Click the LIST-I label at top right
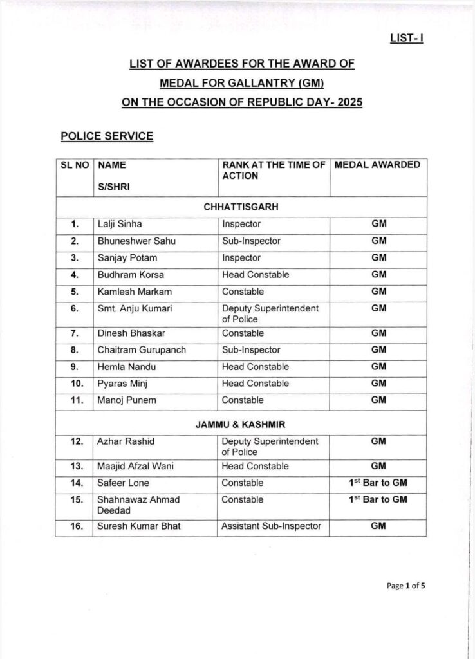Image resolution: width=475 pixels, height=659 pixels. pyautogui.click(x=406, y=38)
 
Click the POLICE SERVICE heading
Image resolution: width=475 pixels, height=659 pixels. pyautogui.click(x=107, y=136)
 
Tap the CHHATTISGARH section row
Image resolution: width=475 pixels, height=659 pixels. pyautogui.click(x=241, y=207)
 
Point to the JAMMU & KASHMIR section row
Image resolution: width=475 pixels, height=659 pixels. pyautogui.click(x=241, y=425)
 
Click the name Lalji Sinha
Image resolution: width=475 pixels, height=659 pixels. pyautogui.click(x=120, y=225)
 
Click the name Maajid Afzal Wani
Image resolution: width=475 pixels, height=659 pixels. pyautogui.click(x=136, y=466)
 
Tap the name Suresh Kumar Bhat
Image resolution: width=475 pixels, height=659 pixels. pyautogui.click(x=138, y=526)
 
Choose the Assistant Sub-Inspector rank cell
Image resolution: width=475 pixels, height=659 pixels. pyautogui.click(x=271, y=526)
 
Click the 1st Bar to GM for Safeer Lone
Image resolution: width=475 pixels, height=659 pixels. pyautogui.click(x=378, y=483)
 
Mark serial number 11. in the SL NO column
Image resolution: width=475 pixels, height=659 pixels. pyautogui.click(x=75, y=400)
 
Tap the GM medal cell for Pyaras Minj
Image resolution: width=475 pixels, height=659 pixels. pyautogui.click(x=378, y=384)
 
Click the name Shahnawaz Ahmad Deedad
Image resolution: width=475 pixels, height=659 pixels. pyautogui.click(x=138, y=505)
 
